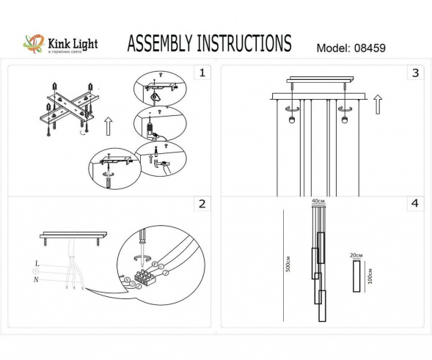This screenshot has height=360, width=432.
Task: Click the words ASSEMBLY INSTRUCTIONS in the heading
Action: click(209, 44)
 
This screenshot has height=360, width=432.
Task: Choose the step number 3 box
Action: click(415, 73)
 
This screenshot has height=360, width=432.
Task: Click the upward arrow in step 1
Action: click(107, 126)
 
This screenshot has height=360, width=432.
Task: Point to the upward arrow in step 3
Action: click(377, 104)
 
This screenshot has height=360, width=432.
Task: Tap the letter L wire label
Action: click(36, 262)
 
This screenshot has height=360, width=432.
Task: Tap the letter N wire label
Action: click(36, 280)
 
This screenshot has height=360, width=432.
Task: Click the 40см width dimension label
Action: click(318, 201)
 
